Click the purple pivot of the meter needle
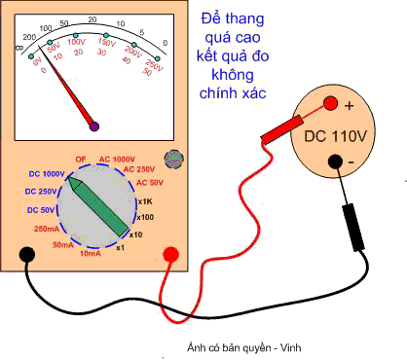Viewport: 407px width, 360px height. pyautogui.click(x=94, y=126)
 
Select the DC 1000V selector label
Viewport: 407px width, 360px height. pyautogui.click(x=43, y=172)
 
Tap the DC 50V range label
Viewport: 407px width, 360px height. pyautogui.click(x=43, y=210)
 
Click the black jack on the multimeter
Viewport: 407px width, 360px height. pyautogui.click(x=28, y=255)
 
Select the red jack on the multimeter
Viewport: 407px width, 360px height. pyautogui.click(x=170, y=255)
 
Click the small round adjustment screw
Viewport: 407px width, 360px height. pyautogui.click(x=175, y=158)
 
